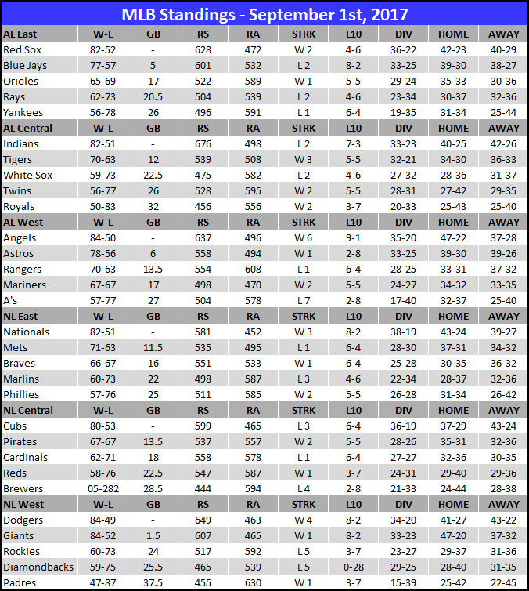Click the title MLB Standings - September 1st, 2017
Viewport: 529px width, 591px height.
coord(264,14)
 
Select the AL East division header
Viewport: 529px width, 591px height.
coord(20,34)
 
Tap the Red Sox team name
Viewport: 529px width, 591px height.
coord(22,49)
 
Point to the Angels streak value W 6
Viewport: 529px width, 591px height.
coord(303,237)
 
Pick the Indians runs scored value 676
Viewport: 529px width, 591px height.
coord(203,143)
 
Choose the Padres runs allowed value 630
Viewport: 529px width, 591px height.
coord(253,582)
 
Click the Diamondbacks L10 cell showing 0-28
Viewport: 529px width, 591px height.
coord(353,567)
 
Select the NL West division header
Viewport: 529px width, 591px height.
coord(23,504)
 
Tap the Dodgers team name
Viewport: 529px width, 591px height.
coord(23,520)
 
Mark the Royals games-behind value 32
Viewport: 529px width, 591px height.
coord(153,206)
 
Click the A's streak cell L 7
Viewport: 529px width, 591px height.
coord(303,300)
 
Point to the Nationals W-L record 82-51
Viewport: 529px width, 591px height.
coord(103,332)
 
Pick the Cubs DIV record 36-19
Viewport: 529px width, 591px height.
coord(403,426)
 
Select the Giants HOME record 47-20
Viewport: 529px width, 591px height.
coord(453,535)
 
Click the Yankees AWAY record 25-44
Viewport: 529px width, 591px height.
coord(503,112)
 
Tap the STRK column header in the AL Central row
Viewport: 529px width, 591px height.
coord(303,128)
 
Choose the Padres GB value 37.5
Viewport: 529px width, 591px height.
coord(153,582)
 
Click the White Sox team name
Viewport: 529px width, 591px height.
coord(28,175)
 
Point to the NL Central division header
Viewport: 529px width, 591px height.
coord(28,410)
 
